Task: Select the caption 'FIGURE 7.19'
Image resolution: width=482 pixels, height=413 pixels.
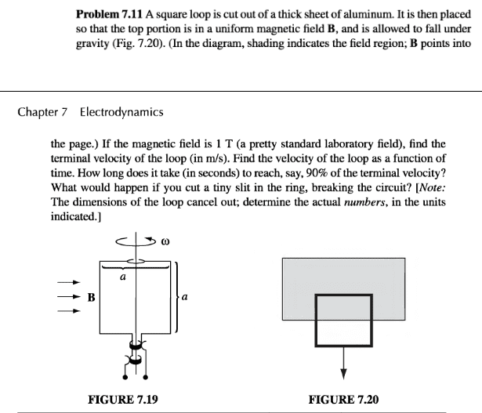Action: tap(124, 400)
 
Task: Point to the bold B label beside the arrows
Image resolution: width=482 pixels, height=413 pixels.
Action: tap(92, 298)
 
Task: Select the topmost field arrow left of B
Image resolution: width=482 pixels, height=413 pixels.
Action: tap(69, 282)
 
